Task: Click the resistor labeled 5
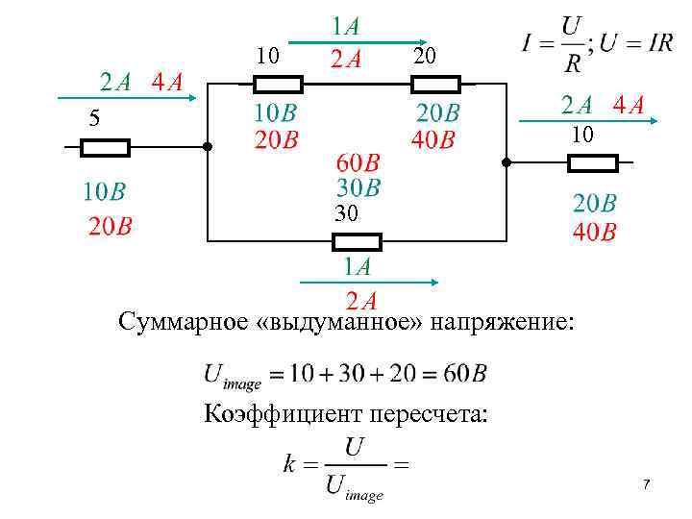coord(104,147)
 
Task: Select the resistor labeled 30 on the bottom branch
coord(357,240)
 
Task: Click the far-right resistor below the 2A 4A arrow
coord(592,163)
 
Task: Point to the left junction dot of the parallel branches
coord(207,148)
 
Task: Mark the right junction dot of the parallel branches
coord(507,162)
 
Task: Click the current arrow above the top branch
coord(355,42)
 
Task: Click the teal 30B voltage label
coord(358,185)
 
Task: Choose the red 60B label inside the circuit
coord(358,162)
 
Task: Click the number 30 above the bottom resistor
coord(346,215)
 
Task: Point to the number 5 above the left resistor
coord(93,120)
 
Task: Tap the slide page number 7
coord(646,485)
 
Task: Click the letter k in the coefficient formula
coord(288,464)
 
